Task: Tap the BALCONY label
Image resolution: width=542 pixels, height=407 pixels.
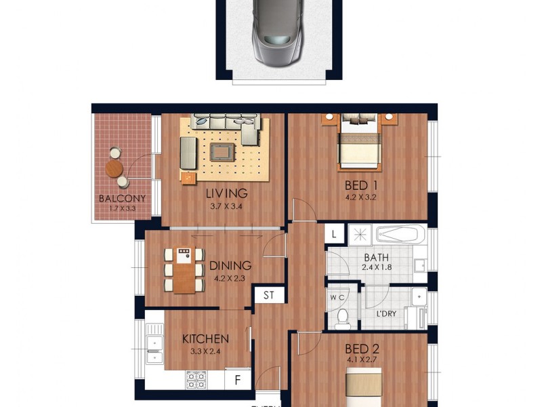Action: [x=122, y=199]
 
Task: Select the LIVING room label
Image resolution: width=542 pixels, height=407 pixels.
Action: [x=224, y=193]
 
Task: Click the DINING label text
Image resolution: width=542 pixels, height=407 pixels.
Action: [x=230, y=266]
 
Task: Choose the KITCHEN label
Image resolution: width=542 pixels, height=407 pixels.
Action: [x=205, y=338]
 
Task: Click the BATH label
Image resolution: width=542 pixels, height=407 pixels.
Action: [x=377, y=258]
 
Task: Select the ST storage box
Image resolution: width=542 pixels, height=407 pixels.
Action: [x=268, y=296]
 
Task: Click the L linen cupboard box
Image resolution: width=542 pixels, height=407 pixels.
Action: [x=335, y=235]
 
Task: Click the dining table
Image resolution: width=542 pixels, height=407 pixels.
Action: [x=184, y=270]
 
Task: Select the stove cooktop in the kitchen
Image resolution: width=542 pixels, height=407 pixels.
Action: [x=196, y=379]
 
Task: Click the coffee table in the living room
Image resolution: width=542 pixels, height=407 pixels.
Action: [x=221, y=151]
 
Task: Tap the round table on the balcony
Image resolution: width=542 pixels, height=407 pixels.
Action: [x=114, y=168]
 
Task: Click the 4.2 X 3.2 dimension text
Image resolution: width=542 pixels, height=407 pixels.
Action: [x=360, y=198]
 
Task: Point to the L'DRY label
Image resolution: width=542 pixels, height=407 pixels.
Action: [x=386, y=314]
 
